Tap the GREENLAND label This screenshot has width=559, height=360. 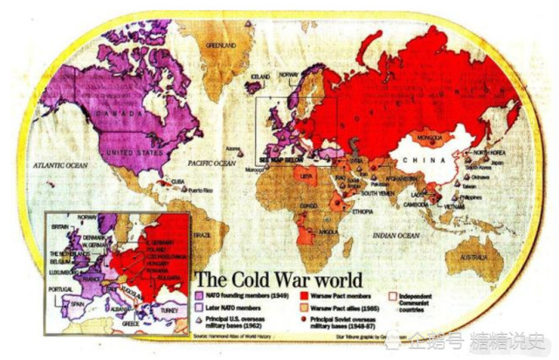click(221, 45)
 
